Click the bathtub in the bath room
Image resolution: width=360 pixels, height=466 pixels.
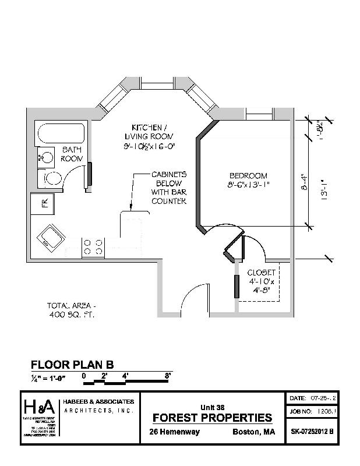[60, 134]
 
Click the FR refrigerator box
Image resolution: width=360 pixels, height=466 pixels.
[43, 203]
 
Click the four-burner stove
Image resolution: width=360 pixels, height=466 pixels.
[94, 246]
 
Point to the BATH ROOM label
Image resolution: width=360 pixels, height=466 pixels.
[72, 154]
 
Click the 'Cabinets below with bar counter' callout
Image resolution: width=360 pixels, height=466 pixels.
[169, 188]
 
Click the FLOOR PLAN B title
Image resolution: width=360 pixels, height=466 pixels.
[72, 365]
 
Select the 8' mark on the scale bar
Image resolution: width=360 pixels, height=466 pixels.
[168, 376]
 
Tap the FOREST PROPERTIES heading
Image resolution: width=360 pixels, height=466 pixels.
[212, 418]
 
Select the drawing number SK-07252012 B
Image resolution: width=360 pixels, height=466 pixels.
[312, 432]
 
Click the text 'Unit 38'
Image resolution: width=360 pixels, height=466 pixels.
[212, 407]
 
